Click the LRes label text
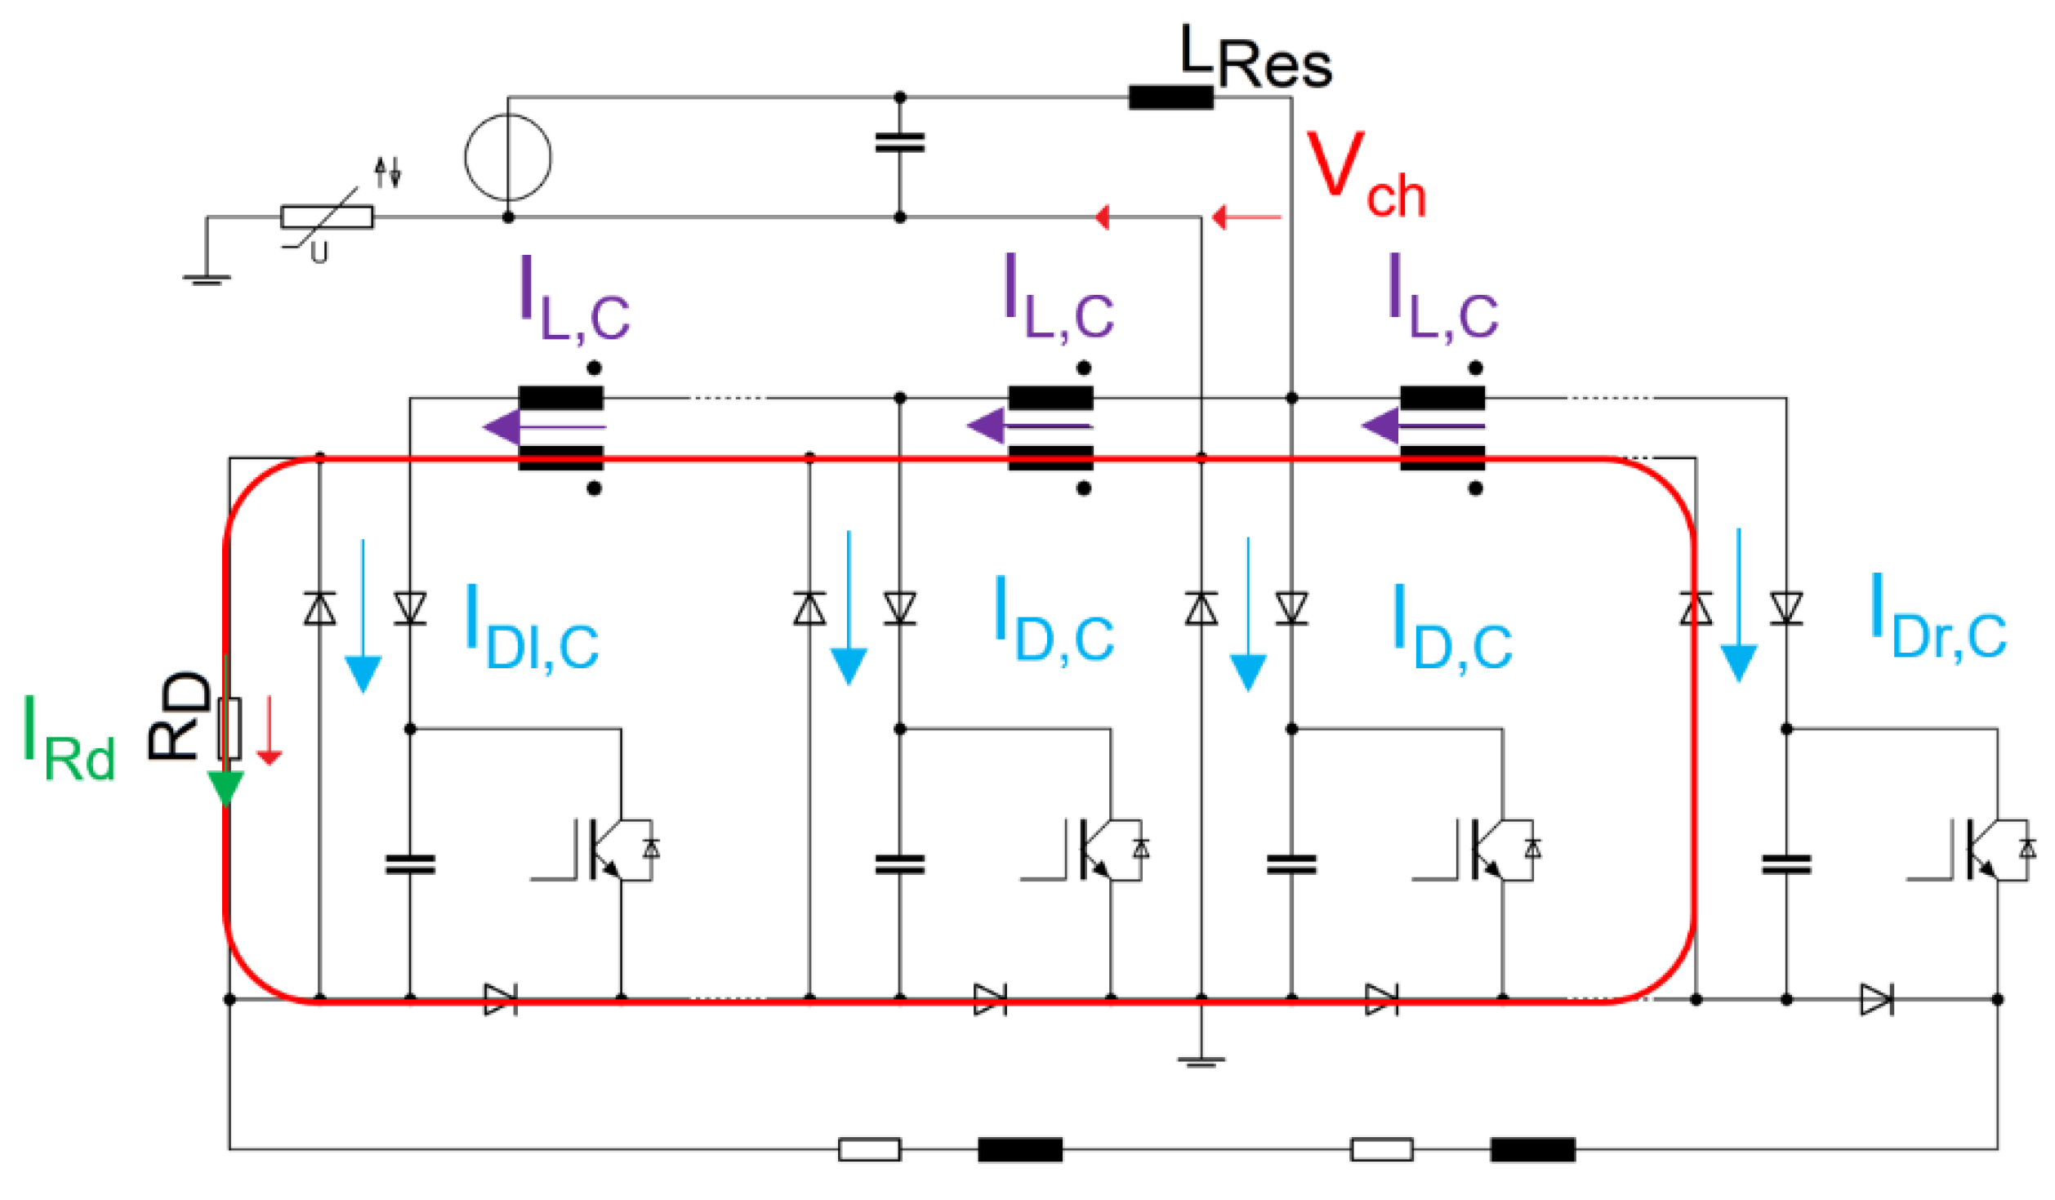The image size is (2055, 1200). (x=1256, y=57)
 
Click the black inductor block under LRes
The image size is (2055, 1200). (x=1170, y=98)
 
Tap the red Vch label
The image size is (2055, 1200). (x=1366, y=176)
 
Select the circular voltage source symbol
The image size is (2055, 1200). (x=508, y=158)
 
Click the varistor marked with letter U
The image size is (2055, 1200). (x=327, y=217)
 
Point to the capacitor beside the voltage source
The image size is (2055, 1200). (x=900, y=143)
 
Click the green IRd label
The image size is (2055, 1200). (x=69, y=739)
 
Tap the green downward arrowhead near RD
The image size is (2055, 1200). (x=225, y=787)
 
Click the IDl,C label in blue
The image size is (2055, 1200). (x=531, y=629)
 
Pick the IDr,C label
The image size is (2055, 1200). (x=1937, y=618)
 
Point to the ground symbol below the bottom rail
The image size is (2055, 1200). (x=1201, y=1062)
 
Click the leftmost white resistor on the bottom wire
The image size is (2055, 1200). (x=869, y=1149)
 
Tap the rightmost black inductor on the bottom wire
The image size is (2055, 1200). (x=1532, y=1149)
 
